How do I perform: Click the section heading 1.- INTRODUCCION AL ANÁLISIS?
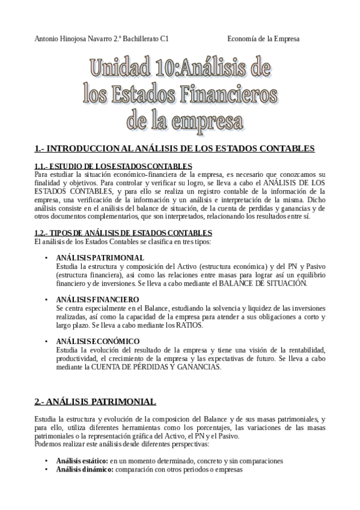[175, 148]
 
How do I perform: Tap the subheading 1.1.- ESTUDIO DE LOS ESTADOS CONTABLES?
[114, 165]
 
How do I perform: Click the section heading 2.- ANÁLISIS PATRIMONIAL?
[96, 401]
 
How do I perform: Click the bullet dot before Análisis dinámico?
[47, 470]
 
